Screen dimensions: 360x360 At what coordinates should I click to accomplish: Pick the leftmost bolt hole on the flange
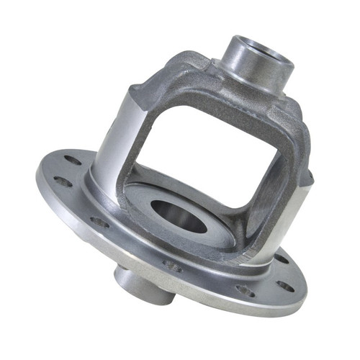pyautogui.click(x=63, y=181)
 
